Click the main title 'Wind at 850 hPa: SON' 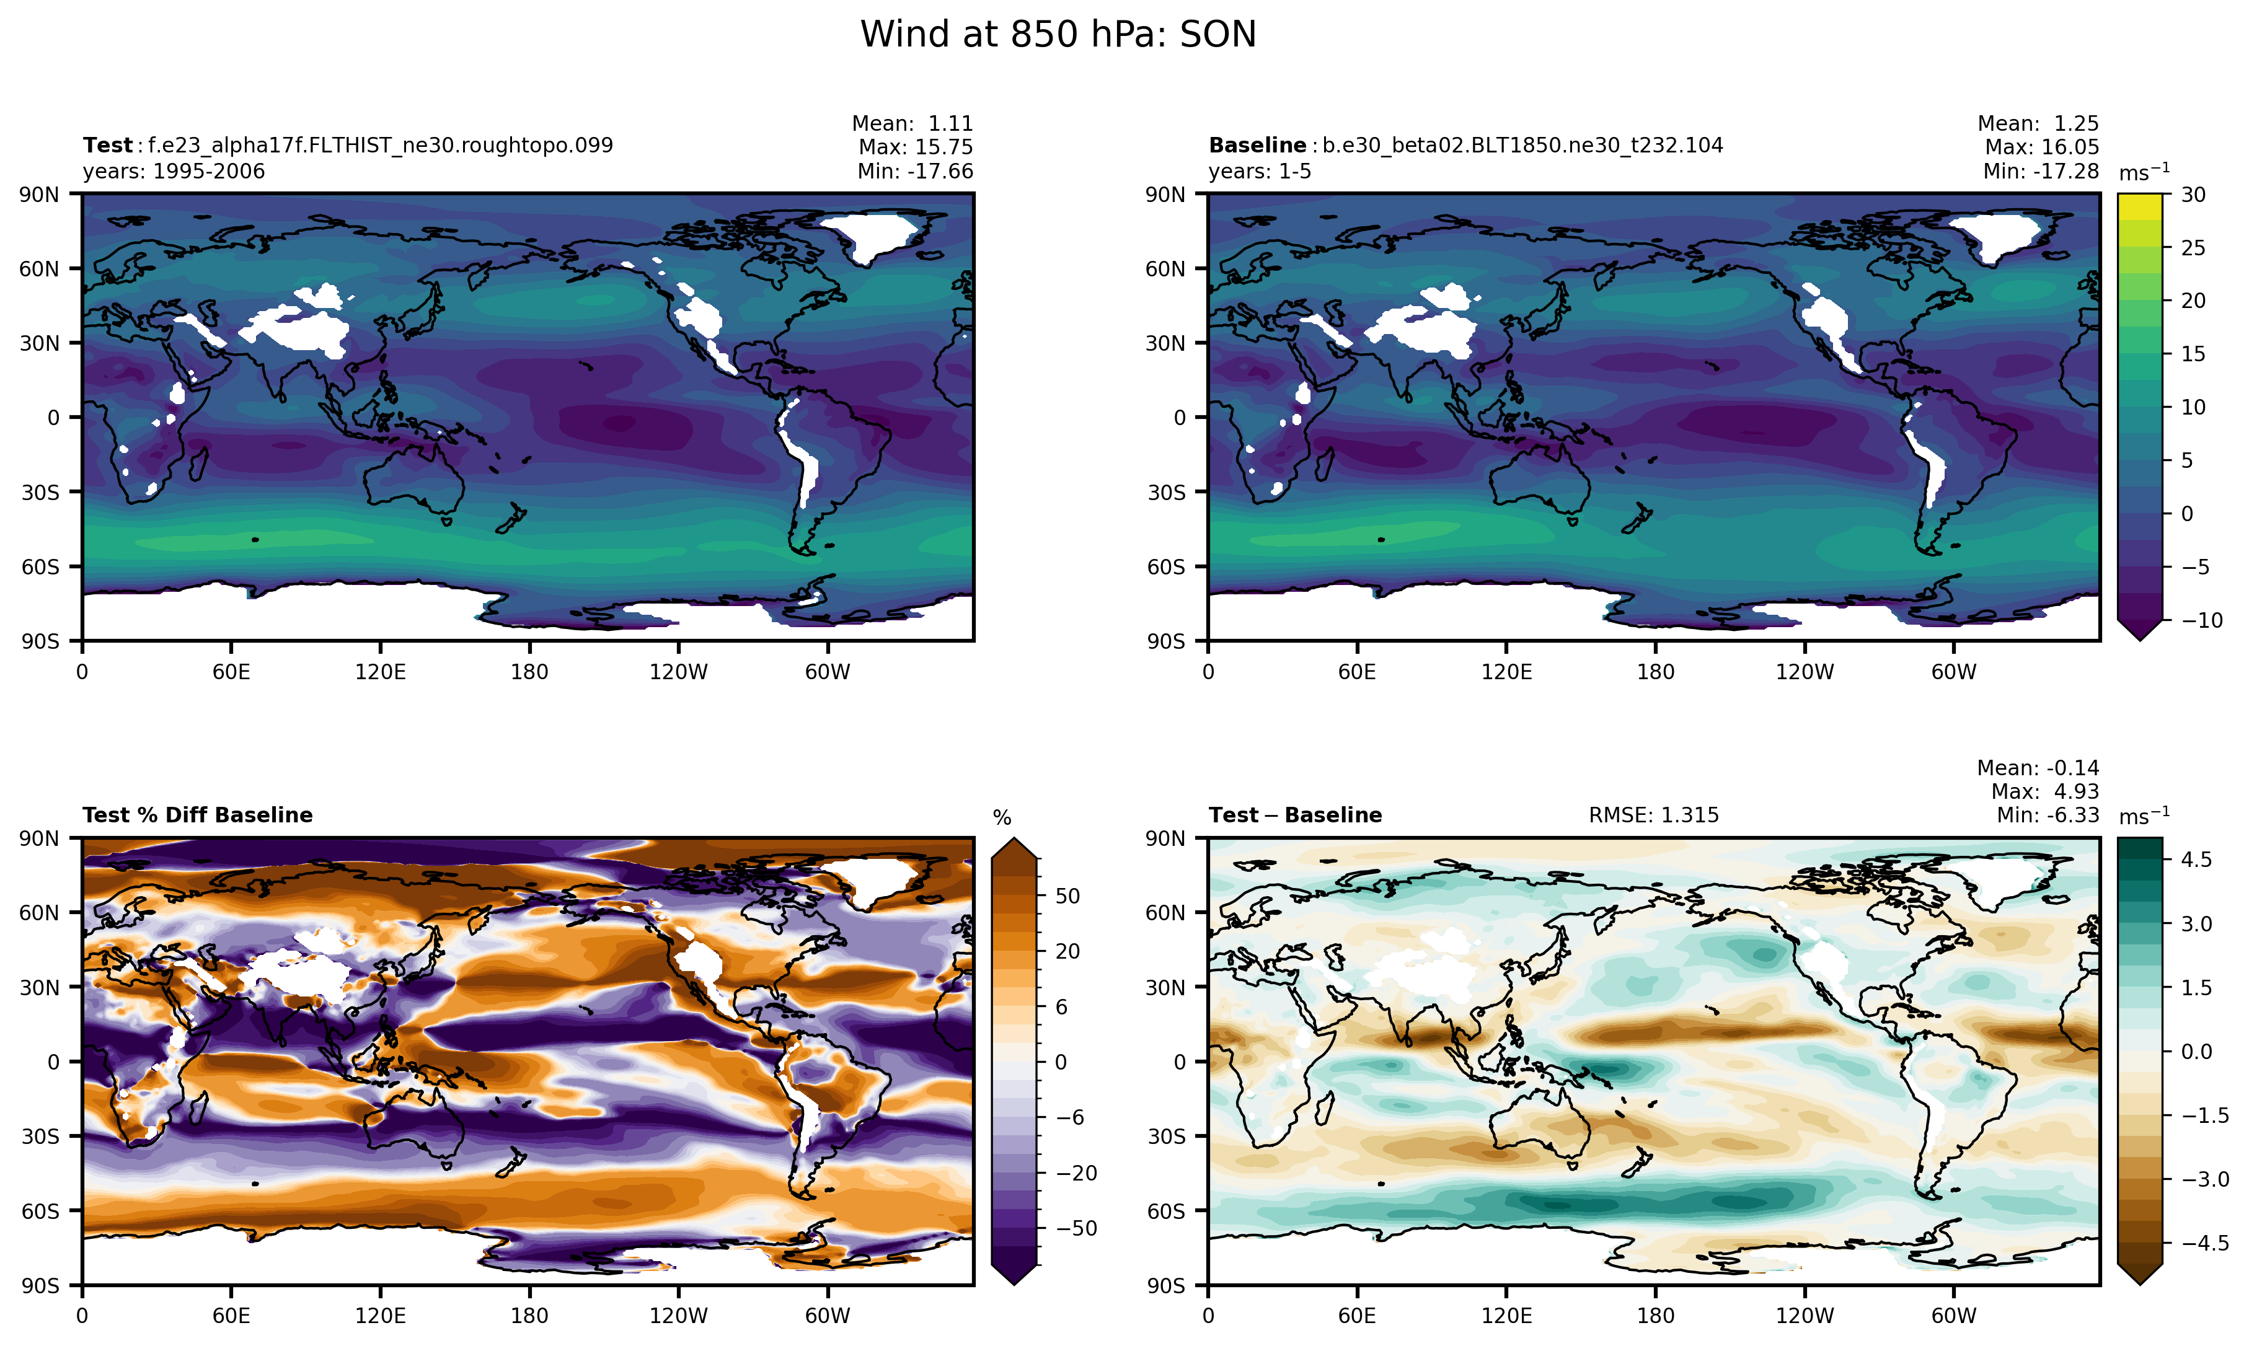1058,35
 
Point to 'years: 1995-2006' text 174,172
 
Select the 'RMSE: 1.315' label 1653,816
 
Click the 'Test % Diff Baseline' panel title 197,816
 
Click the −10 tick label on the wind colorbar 2201,620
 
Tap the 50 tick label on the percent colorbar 1068,896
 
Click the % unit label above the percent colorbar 1002,818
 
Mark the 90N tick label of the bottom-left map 39,839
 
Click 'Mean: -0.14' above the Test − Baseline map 2037,768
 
